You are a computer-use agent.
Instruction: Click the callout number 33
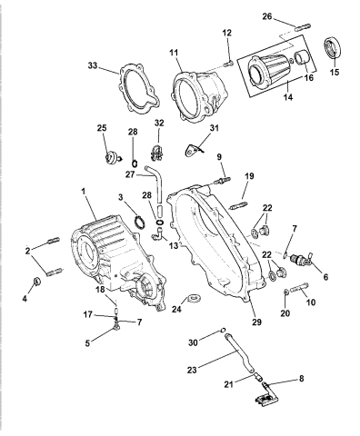point(94,65)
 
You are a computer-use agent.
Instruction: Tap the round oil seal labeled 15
point(333,48)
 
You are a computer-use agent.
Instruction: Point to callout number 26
point(267,16)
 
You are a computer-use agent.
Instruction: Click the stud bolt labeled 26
point(302,27)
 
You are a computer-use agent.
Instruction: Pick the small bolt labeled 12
point(228,64)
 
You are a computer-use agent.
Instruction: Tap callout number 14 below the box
point(288,97)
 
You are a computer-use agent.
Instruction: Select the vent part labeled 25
point(111,156)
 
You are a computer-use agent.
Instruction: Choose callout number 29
point(256,322)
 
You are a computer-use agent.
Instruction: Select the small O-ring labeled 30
point(223,330)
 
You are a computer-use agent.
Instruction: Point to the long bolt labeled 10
point(299,288)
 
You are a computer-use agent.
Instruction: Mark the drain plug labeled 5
point(116,325)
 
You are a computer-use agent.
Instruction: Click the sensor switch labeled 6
point(301,260)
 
